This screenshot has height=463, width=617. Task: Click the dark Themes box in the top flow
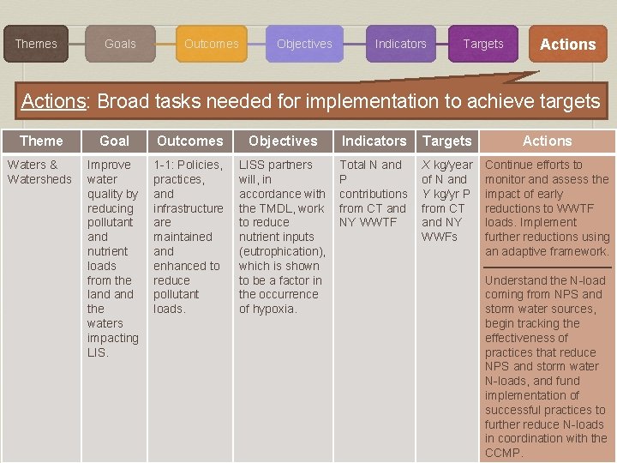click(x=36, y=44)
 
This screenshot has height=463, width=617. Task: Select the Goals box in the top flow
click(x=120, y=44)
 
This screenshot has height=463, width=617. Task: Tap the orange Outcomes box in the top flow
click(x=212, y=44)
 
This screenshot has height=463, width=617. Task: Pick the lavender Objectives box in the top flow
click(x=304, y=44)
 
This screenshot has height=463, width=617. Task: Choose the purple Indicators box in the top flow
click(x=400, y=44)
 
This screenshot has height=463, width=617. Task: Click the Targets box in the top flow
click(x=483, y=44)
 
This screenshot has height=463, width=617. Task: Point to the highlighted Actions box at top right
click(x=567, y=45)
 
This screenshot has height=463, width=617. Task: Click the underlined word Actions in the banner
click(x=53, y=101)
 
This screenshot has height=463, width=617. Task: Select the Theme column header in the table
click(x=41, y=141)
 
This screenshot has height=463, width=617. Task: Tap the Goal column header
click(x=114, y=141)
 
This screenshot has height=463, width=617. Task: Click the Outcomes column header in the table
click(x=189, y=141)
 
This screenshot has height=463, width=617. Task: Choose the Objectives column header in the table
click(x=283, y=141)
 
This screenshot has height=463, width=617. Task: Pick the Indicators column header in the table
click(x=374, y=141)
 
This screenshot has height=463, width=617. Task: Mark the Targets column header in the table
click(x=446, y=141)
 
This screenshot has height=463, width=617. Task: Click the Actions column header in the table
click(x=547, y=141)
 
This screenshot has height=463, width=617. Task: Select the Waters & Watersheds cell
click(x=39, y=171)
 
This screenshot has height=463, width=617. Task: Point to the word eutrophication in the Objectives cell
click(x=281, y=251)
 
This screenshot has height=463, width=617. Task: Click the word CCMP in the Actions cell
click(x=503, y=453)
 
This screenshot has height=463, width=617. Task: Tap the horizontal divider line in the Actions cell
click(x=548, y=268)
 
